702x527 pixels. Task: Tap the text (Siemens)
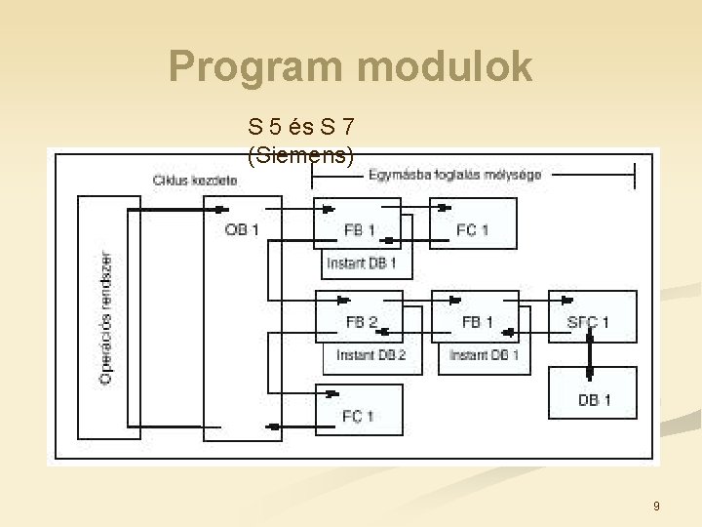tap(301, 155)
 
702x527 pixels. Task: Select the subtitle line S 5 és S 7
tap(301, 126)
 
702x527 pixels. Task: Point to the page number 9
tap(656, 506)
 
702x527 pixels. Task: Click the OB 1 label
tap(242, 230)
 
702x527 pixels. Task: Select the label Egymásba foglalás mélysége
tap(455, 175)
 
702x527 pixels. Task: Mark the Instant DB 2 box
tap(371, 356)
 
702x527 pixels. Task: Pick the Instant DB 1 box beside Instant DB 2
tap(485, 356)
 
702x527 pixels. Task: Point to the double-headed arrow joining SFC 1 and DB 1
tap(589, 354)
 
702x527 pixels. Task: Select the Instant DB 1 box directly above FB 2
tap(362, 263)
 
